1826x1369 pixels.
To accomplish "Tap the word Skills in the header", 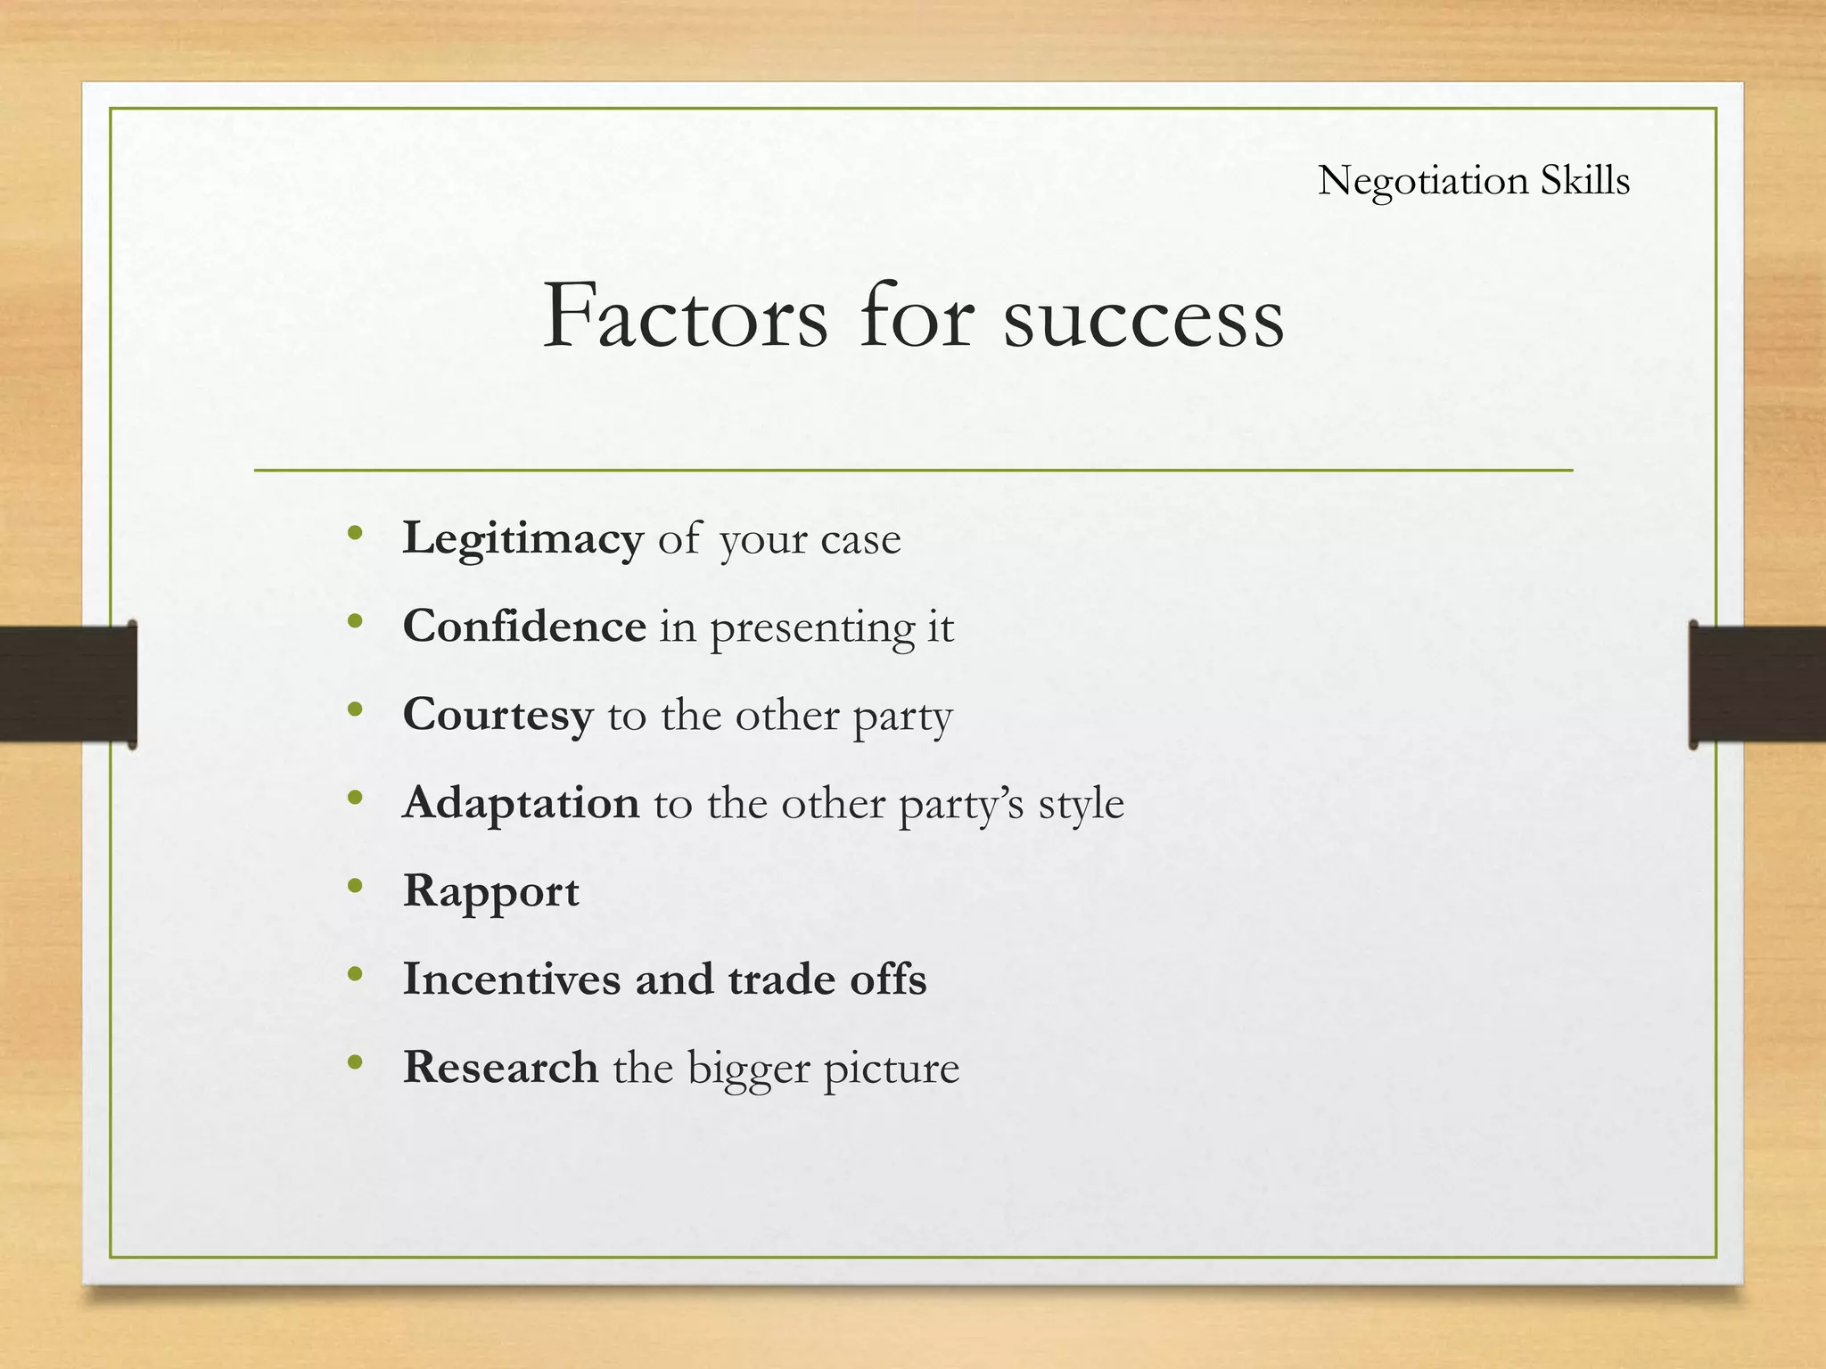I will click(1585, 180).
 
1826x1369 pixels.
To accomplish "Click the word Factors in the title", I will click(685, 316).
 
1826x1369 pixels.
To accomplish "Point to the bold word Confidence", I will click(524, 626).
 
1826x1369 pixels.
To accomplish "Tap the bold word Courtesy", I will click(498, 715).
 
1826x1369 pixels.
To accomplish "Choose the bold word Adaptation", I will click(521, 804).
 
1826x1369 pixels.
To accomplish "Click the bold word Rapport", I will click(490, 892).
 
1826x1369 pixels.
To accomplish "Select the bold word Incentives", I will click(512, 979).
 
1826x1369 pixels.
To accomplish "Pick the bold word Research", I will click(500, 1067).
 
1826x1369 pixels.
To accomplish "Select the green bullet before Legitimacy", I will click(356, 534).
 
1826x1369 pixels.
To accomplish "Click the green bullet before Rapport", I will click(356, 886).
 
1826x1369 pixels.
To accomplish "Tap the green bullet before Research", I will click(356, 1062).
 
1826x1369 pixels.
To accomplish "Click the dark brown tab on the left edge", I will click(68, 684).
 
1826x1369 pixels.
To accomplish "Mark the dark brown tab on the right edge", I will click(1756, 684).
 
